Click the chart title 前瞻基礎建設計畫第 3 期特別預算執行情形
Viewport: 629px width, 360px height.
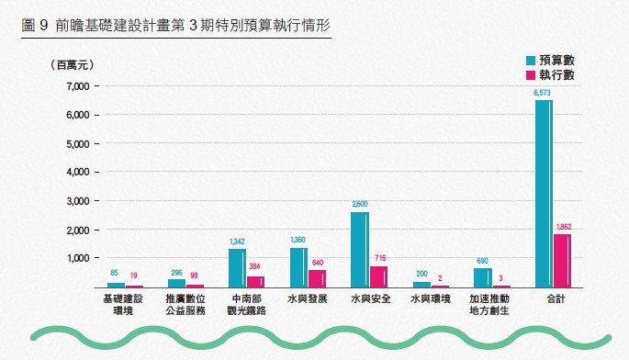[175, 26]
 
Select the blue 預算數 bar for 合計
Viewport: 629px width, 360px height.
[543, 193]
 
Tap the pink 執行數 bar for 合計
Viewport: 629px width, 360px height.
[561, 260]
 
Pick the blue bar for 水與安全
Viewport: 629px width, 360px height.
[359, 249]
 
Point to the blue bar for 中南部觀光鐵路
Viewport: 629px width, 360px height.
[237, 267]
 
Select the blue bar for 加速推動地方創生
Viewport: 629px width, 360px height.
[482, 276]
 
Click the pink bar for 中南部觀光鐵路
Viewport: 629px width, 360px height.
[255, 281]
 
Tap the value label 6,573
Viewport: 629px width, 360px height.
[542, 93]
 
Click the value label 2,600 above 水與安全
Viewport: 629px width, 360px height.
[359, 204]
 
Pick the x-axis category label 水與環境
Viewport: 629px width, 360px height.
[430, 299]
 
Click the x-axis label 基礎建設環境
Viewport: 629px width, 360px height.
[124, 305]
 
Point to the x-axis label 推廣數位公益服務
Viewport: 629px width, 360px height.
[185, 305]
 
